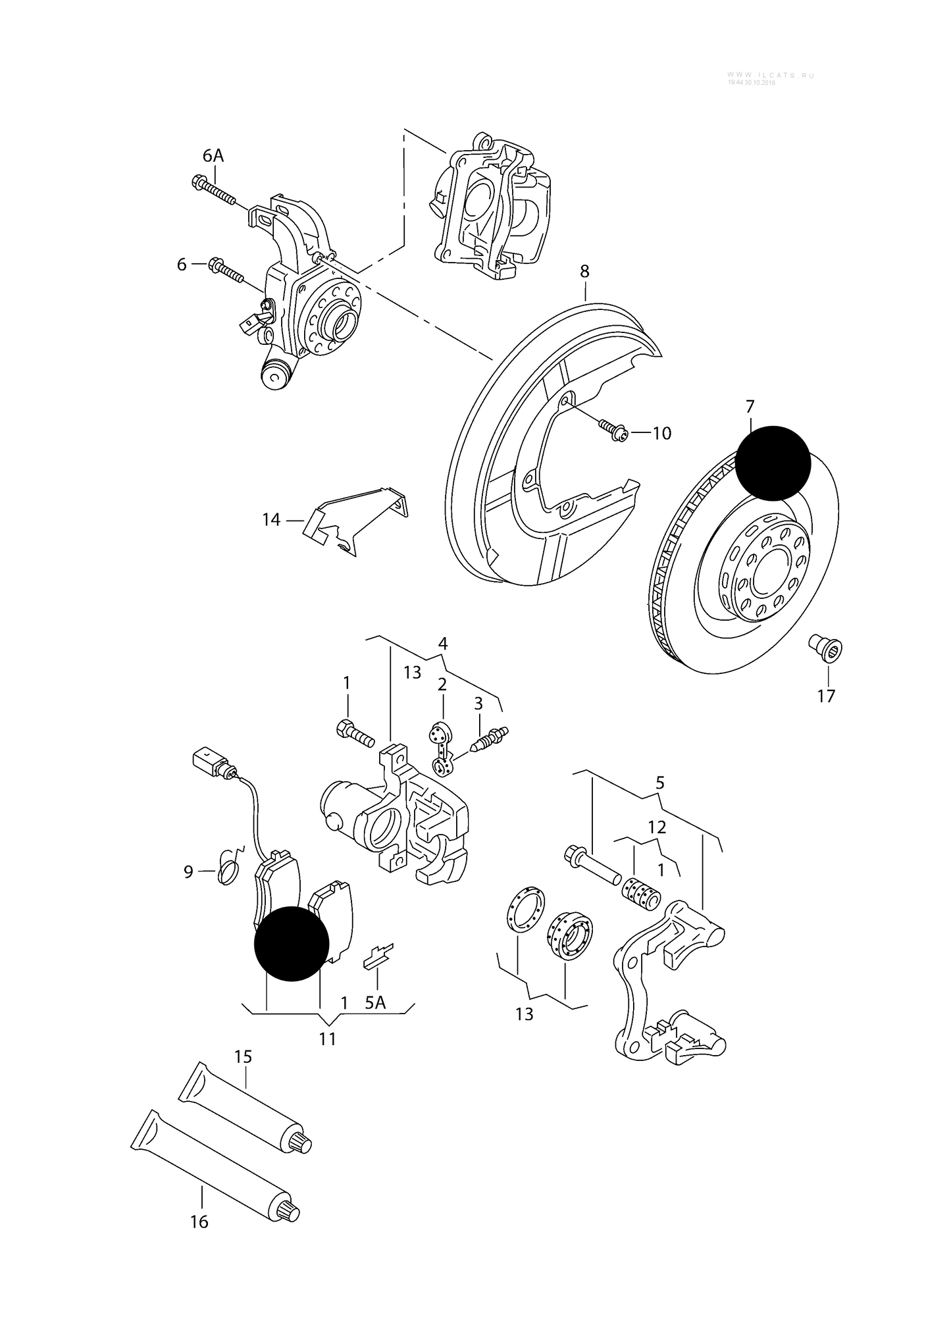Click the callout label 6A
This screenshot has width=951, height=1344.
213,155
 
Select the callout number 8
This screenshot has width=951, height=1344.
584,271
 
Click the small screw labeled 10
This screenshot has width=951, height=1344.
613,431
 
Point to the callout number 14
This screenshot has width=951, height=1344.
271,520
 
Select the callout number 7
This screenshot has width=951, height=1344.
750,407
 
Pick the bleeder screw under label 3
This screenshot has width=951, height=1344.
490,740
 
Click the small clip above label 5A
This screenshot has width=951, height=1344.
378,957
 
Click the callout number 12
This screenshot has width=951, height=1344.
657,827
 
